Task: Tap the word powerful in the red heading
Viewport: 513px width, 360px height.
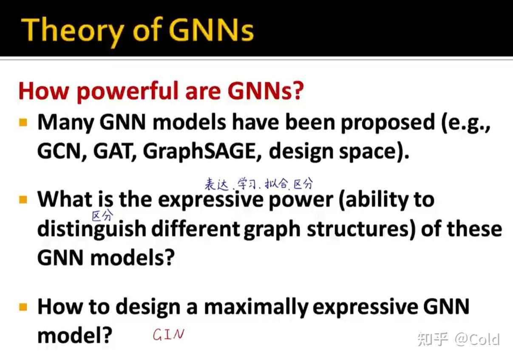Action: point(128,92)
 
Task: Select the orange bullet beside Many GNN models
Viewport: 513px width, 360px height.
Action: point(23,122)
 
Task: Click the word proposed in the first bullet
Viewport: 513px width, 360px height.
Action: point(388,124)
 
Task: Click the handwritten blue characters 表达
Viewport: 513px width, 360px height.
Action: point(216,184)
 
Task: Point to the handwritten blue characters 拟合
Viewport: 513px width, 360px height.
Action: point(276,184)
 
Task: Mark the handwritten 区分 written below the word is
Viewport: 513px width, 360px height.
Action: point(102,216)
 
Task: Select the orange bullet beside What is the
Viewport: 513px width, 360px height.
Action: point(23,199)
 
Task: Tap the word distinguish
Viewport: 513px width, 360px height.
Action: point(92,230)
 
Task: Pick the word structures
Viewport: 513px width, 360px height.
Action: point(360,230)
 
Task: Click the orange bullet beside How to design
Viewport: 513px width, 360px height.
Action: point(23,307)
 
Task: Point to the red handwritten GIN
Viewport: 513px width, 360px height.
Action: point(169,334)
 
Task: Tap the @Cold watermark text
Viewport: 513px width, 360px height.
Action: point(477,339)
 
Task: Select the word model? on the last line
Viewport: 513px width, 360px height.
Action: point(75,335)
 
